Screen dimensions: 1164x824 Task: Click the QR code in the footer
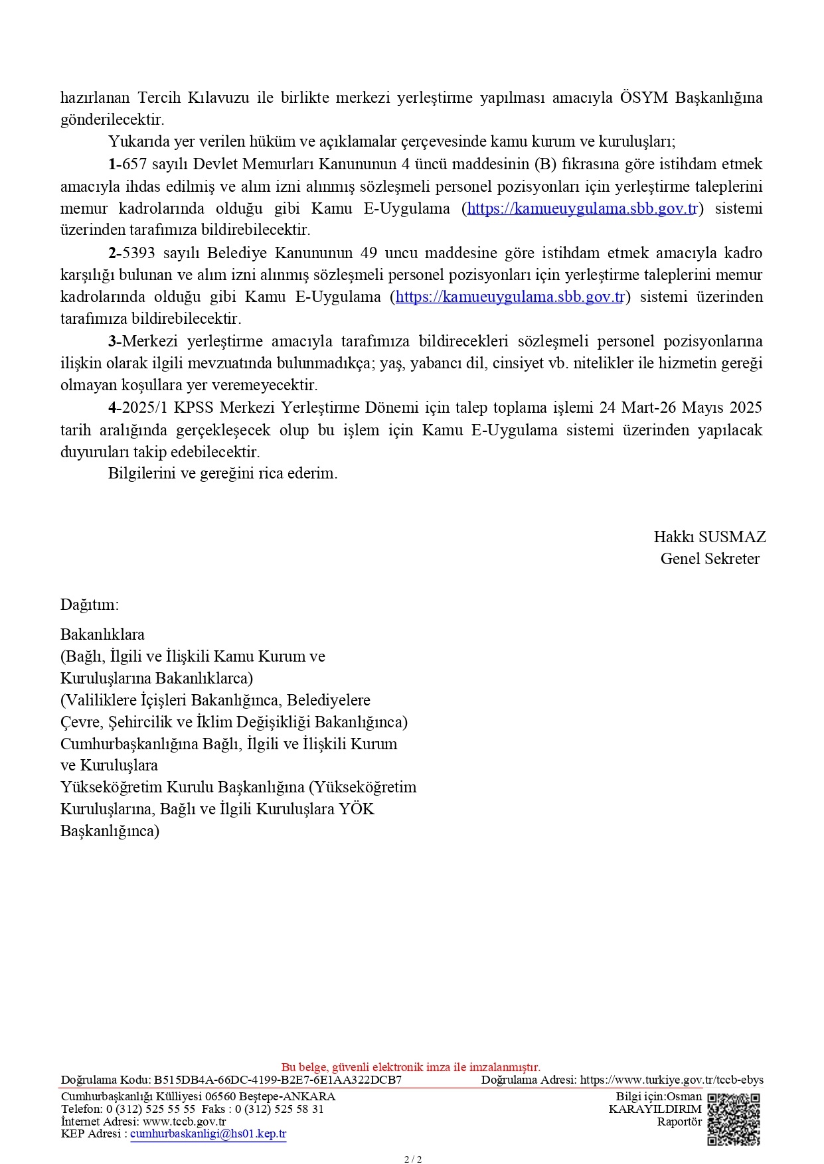(733, 1120)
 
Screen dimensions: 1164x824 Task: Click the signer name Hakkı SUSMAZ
(709, 537)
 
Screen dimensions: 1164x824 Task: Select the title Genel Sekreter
(709, 559)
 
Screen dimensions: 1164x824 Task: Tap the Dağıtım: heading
(90, 605)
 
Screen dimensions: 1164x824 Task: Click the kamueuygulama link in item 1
(582, 208)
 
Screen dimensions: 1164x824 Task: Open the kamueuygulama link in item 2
(510, 297)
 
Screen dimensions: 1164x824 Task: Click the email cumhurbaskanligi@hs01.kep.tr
(208, 1134)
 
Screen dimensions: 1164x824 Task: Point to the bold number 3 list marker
(112, 341)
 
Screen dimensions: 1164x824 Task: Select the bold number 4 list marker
(112, 407)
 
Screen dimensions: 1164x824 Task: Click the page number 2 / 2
(413, 1159)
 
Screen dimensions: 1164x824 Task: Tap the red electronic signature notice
(411, 1067)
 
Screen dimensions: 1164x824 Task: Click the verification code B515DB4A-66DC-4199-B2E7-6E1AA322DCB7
(278, 1080)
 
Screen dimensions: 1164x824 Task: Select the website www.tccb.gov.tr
(184, 1122)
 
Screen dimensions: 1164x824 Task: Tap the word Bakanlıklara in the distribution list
(102, 634)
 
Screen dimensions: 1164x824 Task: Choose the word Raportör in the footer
(679, 1122)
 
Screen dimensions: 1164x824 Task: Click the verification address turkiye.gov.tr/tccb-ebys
(672, 1080)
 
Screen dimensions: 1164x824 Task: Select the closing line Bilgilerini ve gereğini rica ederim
(222, 474)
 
